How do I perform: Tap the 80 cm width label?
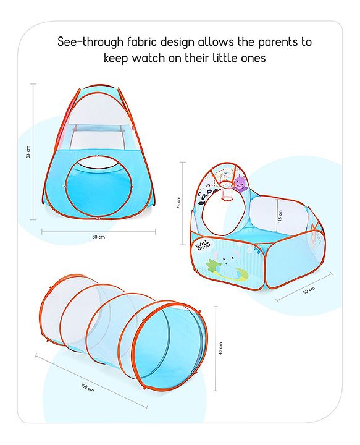coord(98,237)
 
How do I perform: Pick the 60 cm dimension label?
coord(309,290)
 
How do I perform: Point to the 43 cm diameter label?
coord(221,349)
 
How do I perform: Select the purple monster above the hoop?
coord(239,183)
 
